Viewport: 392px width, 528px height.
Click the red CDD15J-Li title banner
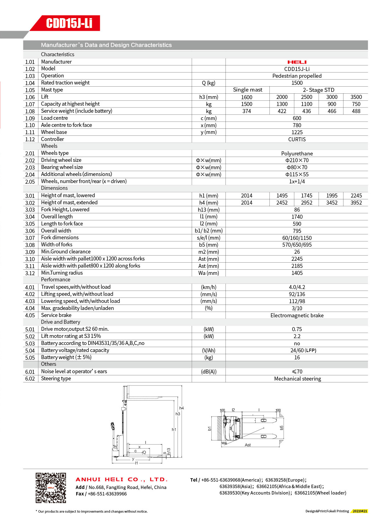click(69, 23)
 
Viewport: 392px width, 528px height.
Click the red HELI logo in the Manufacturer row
click(297, 62)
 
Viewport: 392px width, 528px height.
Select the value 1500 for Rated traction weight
click(297, 83)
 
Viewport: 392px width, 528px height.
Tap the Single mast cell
click(248, 90)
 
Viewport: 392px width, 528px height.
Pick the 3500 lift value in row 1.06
click(356, 97)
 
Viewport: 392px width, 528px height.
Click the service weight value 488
click(356, 111)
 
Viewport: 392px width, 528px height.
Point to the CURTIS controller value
click(297, 139)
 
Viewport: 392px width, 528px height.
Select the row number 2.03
click(30, 168)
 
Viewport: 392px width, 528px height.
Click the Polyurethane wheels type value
click(297, 154)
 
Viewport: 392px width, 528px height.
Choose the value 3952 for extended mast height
click(356, 203)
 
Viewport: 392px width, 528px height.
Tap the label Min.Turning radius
click(62, 273)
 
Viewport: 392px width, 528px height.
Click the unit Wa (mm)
click(209, 273)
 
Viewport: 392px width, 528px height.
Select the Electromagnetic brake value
click(297, 315)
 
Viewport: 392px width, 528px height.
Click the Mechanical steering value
click(297, 379)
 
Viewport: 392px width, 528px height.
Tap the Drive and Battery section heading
click(61, 322)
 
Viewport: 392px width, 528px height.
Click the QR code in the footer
click(51, 488)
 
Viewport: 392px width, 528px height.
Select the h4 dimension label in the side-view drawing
click(182, 408)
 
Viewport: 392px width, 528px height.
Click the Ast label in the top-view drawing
click(248, 445)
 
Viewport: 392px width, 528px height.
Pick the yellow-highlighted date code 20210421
click(359, 511)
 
